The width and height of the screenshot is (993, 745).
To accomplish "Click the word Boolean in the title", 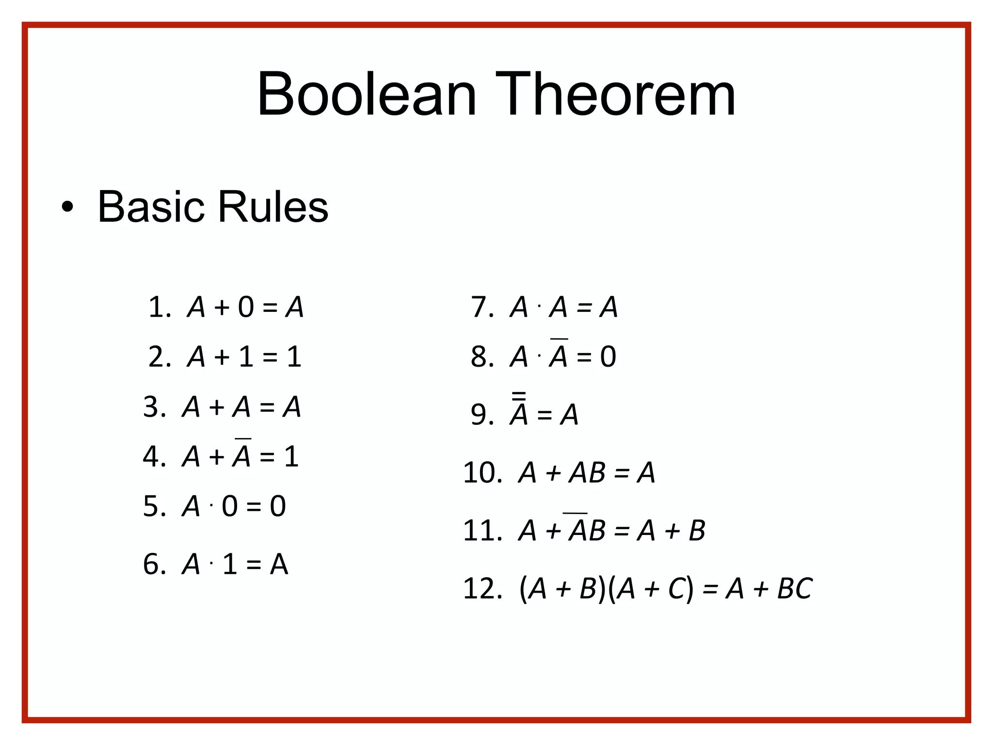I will coord(367,95).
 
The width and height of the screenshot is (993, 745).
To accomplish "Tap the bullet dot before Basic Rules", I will coord(67,208).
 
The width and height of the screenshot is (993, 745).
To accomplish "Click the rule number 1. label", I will coord(159,308).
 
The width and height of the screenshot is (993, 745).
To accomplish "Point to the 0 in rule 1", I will coord(246,308).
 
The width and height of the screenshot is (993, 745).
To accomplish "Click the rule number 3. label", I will coord(154,407).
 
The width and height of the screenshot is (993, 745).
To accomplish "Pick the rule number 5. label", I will coord(154,507).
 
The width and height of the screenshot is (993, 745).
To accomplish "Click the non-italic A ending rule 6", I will coord(279,565).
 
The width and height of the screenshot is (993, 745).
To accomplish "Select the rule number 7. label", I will coord(482,308).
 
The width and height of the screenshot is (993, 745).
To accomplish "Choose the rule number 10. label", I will coord(482,473).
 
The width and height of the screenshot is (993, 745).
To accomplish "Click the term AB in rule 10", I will coord(587,473).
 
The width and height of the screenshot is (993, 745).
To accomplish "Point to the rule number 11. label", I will coord(482,531).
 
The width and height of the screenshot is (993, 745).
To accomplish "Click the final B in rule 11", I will coord(697,531).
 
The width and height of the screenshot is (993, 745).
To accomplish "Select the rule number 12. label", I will coord(482,589).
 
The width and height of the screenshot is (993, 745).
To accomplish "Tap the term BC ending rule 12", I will coord(794,589).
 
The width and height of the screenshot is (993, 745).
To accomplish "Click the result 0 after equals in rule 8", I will coord(608,357).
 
